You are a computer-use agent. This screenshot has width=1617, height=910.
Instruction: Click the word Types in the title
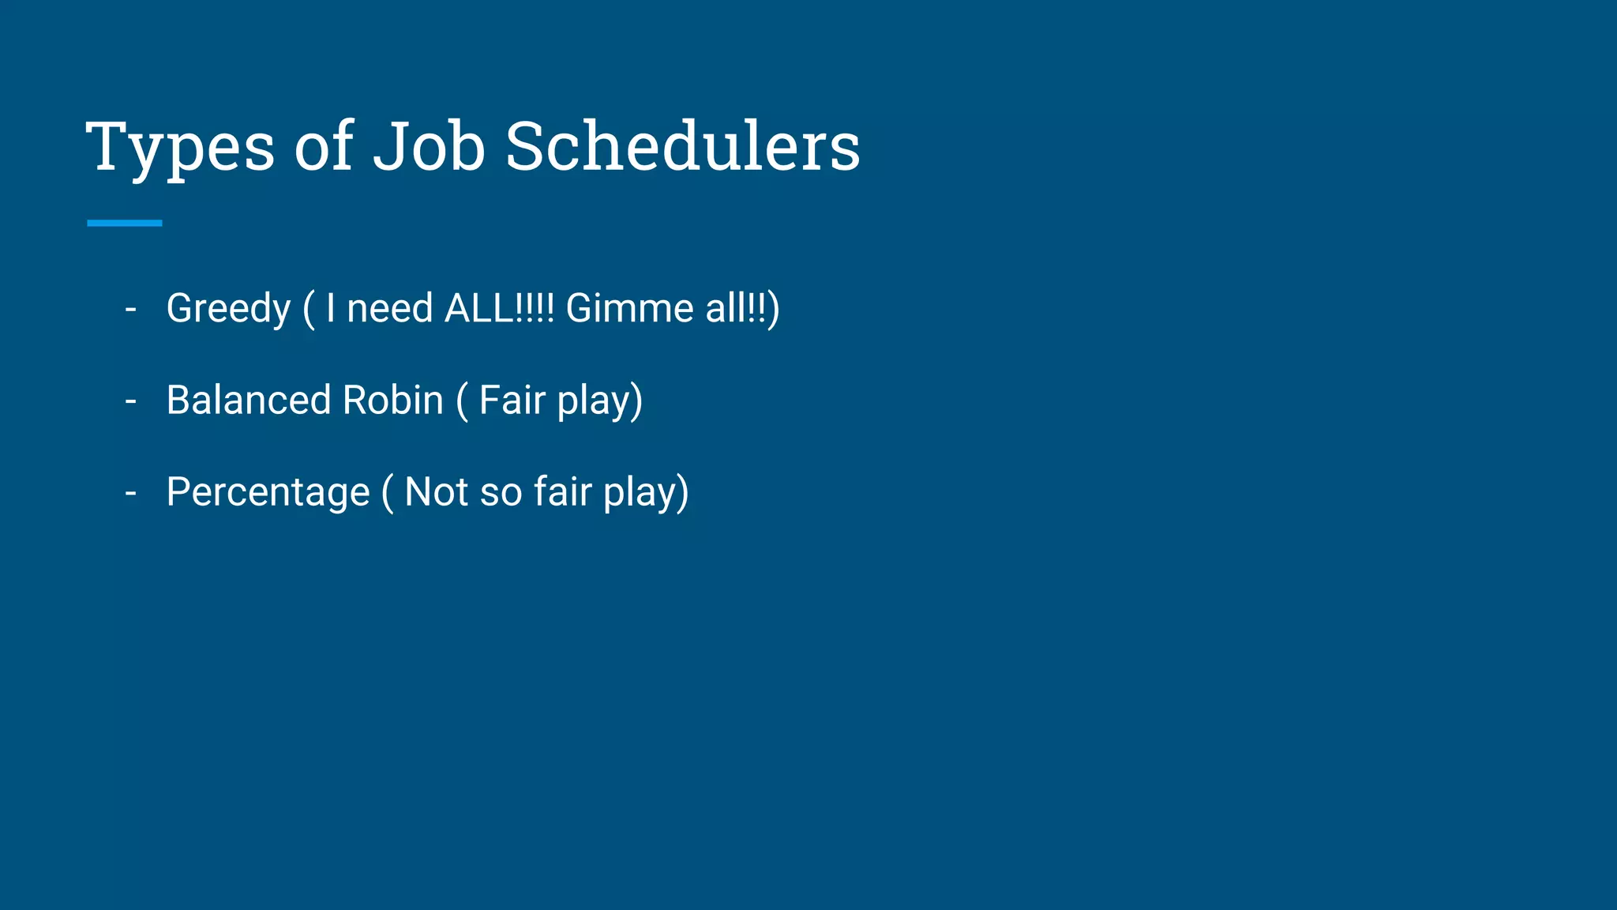(180, 149)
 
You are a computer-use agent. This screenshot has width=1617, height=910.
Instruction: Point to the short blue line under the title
(125, 224)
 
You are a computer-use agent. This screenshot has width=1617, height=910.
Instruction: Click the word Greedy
(229, 309)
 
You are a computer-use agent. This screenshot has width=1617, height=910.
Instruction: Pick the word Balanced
(249, 400)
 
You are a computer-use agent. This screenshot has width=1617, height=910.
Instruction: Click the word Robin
(392, 400)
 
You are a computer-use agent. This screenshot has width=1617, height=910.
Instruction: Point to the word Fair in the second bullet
(512, 400)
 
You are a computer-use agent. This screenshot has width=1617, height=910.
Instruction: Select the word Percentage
(268, 493)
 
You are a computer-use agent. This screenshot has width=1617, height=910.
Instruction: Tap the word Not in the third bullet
(437, 491)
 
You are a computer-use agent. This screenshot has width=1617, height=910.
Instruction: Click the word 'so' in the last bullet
(501, 493)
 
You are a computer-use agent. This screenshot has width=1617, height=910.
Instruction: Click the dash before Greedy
(131, 309)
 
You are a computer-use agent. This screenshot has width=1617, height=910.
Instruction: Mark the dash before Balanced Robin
(131, 401)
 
